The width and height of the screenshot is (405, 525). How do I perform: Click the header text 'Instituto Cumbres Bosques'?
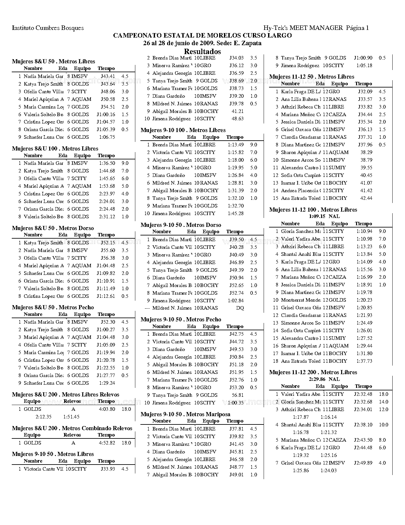point(48,28)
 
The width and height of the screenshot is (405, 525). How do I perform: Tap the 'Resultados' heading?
point(202,52)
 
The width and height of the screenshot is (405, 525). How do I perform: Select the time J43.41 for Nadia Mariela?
point(108,76)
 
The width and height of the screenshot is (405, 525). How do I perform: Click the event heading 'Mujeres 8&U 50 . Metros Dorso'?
point(53,228)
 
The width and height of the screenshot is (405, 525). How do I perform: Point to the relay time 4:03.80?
point(107,409)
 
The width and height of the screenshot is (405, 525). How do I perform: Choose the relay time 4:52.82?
point(107,443)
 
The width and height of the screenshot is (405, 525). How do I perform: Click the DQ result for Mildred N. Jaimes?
point(240,308)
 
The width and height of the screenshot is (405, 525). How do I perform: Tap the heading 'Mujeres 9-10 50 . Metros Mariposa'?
point(185,414)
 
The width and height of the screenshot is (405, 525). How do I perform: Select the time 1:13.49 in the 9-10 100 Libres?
point(235,145)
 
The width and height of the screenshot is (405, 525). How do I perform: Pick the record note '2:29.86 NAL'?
point(324,379)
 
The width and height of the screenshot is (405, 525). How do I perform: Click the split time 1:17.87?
point(300,417)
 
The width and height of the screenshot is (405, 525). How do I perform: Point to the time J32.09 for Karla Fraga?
point(365,92)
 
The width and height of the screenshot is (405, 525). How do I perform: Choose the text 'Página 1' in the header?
point(357,28)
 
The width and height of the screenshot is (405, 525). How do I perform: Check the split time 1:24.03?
point(328,471)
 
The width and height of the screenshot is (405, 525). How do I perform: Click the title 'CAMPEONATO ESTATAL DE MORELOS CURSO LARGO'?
point(202,35)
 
